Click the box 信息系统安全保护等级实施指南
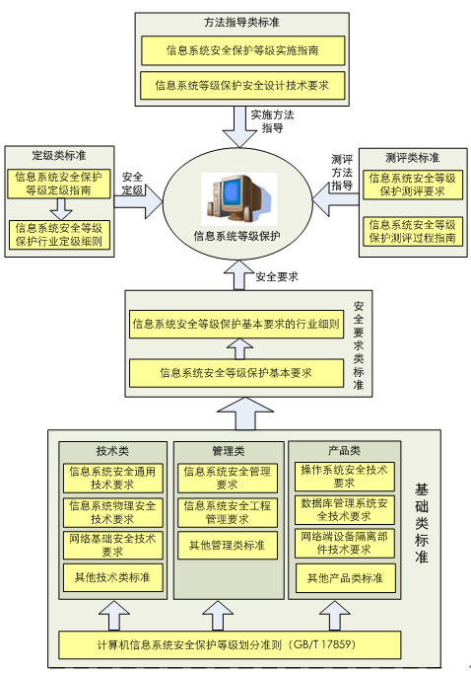click(243, 50)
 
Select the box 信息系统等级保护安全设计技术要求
click(243, 86)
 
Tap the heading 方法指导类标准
click(241, 23)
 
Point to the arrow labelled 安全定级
click(138, 201)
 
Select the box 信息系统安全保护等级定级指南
click(59, 184)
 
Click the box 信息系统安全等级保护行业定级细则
click(59, 235)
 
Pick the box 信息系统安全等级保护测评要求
click(413, 185)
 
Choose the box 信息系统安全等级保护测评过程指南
click(413, 232)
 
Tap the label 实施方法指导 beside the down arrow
click(272, 121)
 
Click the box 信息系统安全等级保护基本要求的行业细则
click(236, 324)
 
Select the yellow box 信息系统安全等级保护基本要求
click(236, 373)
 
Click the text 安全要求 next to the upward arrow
click(277, 277)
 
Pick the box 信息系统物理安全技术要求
click(113, 512)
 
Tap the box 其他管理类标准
click(228, 546)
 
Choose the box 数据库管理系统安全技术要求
click(344, 510)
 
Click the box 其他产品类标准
click(345, 578)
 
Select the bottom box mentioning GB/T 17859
click(230, 645)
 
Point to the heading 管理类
click(229, 451)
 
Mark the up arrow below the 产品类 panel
click(334, 616)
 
